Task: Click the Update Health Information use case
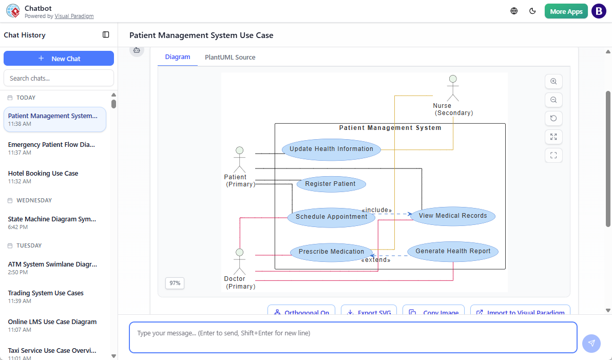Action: (331, 149)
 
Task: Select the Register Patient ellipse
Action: (331, 184)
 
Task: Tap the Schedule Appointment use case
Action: (331, 217)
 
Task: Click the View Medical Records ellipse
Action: (453, 216)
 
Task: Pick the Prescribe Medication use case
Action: (331, 252)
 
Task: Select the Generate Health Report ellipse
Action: (453, 252)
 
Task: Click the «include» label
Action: (376, 210)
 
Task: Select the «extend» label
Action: (375, 260)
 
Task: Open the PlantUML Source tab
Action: (230, 58)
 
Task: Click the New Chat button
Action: (59, 59)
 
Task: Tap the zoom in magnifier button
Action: (553, 82)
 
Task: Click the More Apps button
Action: (566, 11)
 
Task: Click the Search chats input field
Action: (59, 78)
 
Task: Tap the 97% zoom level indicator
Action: (175, 283)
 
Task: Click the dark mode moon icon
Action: (532, 11)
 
